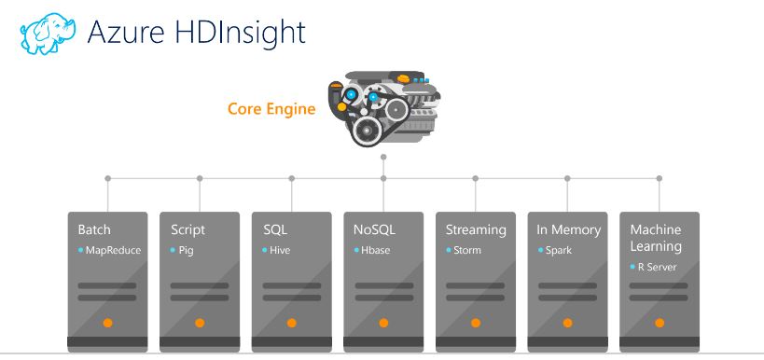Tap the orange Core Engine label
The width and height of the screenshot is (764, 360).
pyautogui.click(x=271, y=109)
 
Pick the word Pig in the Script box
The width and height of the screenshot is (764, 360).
pyautogui.click(x=187, y=251)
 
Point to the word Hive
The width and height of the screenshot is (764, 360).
pyautogui.click(x=280, y=251)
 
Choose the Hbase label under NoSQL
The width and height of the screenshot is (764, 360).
pyautogui.click(x=376, y=251)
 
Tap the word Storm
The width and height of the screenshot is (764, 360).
pyautogui.click(x=467, y=251)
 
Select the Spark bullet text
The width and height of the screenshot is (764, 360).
pyautogui.click(x=559, y=251)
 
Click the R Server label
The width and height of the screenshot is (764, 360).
pyautogui.click(x=657, y=268)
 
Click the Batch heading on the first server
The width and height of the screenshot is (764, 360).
pyautogui.click(x=94, y=229)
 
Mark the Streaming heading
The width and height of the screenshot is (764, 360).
pyautogui.click(x=476, y=229)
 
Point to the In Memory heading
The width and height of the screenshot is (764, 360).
pyautogui.click(x=569, y=229)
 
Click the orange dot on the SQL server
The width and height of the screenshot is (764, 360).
pyautogui.click(x=291, y=323)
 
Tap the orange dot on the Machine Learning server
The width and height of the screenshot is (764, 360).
pyautogui.click(x=659, y=323)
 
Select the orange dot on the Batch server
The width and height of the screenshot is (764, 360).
pyautogui.click(x=107, y=323)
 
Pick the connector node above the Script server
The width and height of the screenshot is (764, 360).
pyautogui.click(x=200, y=177)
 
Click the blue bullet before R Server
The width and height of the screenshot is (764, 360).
pyautogui.click(x=632, y=268)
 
